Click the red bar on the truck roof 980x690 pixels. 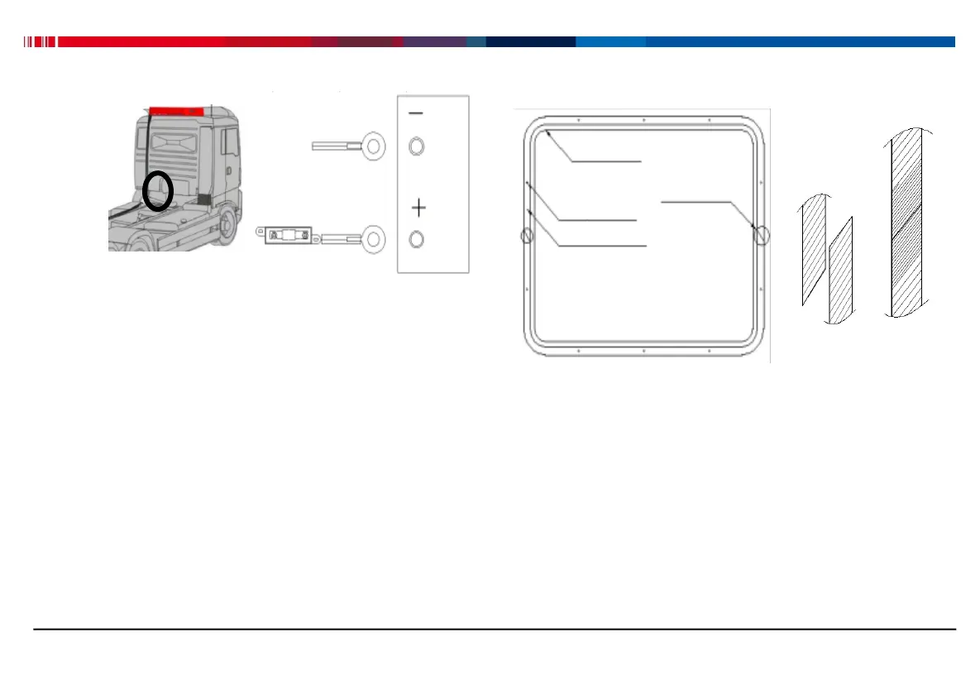click(x=177, y=110)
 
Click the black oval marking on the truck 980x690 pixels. click(x=157, y=190)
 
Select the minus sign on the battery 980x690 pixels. click(x=417, y=113)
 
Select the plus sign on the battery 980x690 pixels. click(x=418, y=207)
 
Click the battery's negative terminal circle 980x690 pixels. click(x=417, y=147)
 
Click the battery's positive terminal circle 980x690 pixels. click(x=417, y=240)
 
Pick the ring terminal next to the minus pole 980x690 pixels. click(x=374, y=146)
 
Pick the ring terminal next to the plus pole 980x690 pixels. click(x=374, y=239)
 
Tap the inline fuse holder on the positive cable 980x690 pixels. click(x=289, y=236)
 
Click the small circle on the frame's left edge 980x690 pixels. click(x=526, y=237)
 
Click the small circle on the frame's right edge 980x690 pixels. click(x=762, y=236)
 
